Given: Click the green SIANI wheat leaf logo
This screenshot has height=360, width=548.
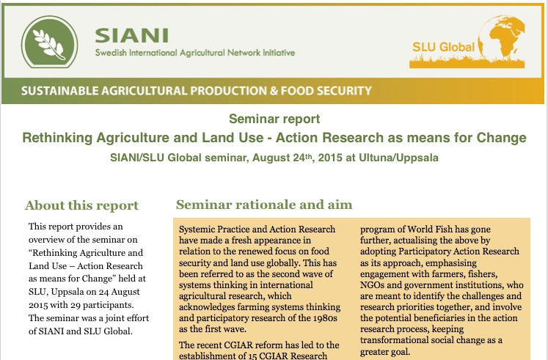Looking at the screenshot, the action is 49,42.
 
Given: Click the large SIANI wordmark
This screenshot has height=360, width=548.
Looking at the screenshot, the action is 132,36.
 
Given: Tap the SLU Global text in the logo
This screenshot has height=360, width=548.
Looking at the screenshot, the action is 443,47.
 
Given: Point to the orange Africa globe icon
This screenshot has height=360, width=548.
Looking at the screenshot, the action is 502,37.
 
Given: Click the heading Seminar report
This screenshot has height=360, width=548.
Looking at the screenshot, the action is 274,119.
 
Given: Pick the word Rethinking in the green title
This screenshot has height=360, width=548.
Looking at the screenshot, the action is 57,138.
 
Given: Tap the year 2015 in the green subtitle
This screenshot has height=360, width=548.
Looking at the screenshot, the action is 330,158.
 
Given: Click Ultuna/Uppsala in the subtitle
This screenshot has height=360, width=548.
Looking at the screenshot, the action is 398,158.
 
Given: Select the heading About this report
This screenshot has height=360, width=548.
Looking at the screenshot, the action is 81,205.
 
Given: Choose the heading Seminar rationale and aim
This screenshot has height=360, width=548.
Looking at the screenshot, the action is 264,205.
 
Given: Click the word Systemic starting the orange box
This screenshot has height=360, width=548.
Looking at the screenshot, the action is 197,229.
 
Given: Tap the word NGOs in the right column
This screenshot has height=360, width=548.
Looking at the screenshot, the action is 372,285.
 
